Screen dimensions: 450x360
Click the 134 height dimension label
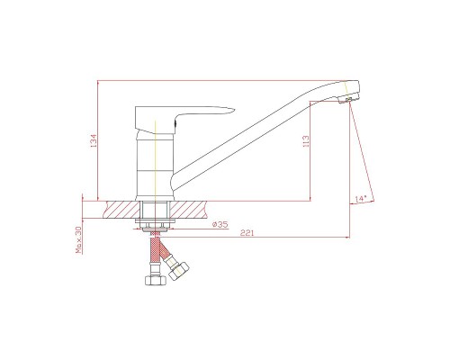tap(94, 140)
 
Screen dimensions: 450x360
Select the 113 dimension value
tap(306, 141)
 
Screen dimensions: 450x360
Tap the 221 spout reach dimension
tap(247, 233)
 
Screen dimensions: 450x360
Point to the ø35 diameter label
tap(220, 224)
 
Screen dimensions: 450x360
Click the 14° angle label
tap(360, 199)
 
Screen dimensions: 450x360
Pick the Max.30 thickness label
tap(78, 239)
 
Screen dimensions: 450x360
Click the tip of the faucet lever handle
tap(234, 109)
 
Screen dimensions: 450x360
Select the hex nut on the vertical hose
tap(156, 280)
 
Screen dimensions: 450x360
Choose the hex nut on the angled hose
tap(178, 271)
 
